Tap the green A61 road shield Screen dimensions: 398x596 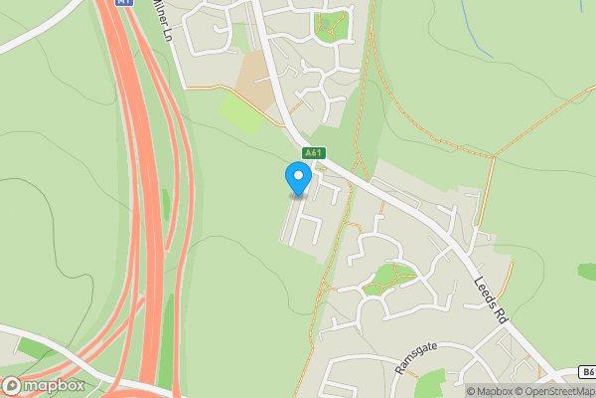pos(314,152)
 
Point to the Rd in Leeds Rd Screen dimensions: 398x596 pos(501,313)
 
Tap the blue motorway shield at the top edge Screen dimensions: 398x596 pos(123,3)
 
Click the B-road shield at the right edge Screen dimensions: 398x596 pos(586,372)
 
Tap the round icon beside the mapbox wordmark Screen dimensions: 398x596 pos(12,385)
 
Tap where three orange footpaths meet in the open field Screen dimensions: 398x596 pos(494,155)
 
